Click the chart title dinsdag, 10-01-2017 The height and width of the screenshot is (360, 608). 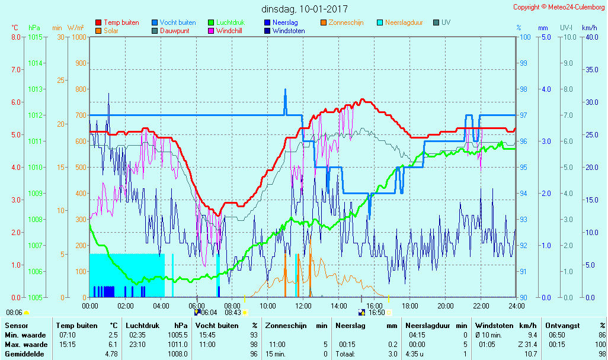point(305,9)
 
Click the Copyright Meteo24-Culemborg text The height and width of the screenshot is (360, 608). point(559,7)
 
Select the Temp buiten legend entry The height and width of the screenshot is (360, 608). point(121,22)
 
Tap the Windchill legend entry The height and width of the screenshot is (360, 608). point(228,31)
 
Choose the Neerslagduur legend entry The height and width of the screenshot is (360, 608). point(404,22)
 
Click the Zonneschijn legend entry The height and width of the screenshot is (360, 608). point(345,22)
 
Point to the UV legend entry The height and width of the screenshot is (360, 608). point(446,22)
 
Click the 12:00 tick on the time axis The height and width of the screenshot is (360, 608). point(303,306)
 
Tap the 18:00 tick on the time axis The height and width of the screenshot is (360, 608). point(409,306)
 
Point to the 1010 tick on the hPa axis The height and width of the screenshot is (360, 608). point(35,168)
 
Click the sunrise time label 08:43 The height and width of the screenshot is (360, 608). point(233,313)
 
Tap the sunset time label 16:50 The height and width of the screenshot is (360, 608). point(377,313)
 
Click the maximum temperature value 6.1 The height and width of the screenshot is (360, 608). point(113,345)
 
